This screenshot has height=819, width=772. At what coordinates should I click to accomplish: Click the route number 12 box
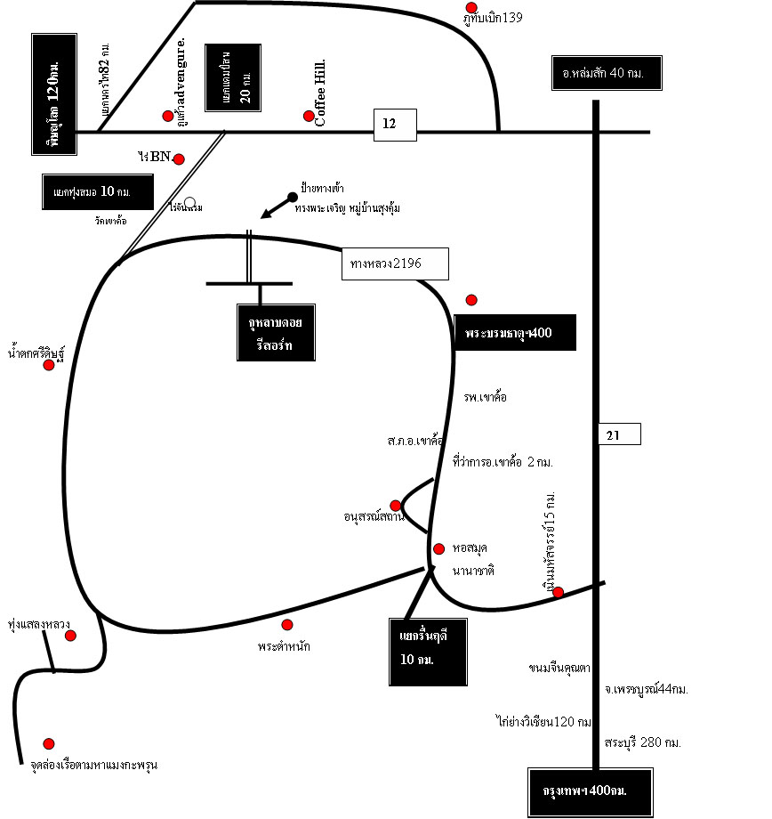point(394,125)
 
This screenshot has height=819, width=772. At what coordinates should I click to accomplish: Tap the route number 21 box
point(619,434)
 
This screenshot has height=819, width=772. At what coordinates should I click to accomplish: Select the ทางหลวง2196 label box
point(394,264)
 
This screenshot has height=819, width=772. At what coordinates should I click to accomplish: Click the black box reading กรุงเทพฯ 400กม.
point(591,791)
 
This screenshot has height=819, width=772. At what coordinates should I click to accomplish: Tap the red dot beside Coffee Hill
point(309,116)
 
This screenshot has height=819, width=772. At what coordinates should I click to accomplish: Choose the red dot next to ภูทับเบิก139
point(471,7)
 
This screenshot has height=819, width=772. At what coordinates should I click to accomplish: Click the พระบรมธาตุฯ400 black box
point(514,333)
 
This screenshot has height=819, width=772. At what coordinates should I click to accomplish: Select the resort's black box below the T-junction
point(276,332)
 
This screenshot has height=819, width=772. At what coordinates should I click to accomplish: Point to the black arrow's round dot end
point(292,197)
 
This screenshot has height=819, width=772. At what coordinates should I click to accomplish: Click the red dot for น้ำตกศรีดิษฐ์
point(49,365)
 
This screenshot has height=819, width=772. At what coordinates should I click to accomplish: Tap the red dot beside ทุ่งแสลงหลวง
point(70,635)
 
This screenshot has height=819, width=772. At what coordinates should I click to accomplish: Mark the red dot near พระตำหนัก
point(286,624)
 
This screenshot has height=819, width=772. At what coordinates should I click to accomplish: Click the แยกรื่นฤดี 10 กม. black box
point(428,651)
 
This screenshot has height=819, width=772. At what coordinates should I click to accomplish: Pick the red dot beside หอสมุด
point(438,548)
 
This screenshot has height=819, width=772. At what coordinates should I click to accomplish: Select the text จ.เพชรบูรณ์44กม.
point(647,688)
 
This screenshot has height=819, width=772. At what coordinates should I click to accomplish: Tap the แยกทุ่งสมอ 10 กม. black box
point(97,192)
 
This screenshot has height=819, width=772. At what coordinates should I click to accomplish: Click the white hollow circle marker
point(189,203)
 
